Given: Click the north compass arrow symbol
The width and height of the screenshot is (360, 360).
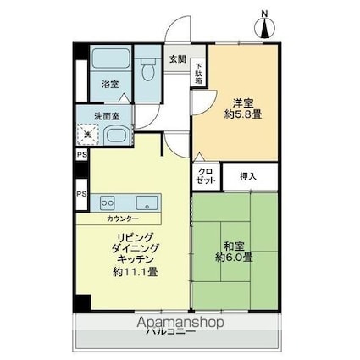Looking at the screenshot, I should tap(265, 26).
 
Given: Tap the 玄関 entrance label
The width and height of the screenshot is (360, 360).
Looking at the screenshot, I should tap(178, 59).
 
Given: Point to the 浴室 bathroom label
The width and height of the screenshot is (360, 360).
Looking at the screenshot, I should tap(110, 85).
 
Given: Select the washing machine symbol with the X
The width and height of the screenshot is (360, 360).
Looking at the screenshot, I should tap(87, 135).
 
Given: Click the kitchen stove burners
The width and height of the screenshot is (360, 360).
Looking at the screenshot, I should tap(108, 202).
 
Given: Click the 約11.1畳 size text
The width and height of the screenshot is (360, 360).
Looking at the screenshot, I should tap(136, 272).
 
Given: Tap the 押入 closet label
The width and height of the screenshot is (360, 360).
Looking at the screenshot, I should tap(247, 177).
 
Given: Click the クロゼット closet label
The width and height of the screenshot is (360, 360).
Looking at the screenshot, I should tap(206, 177).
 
